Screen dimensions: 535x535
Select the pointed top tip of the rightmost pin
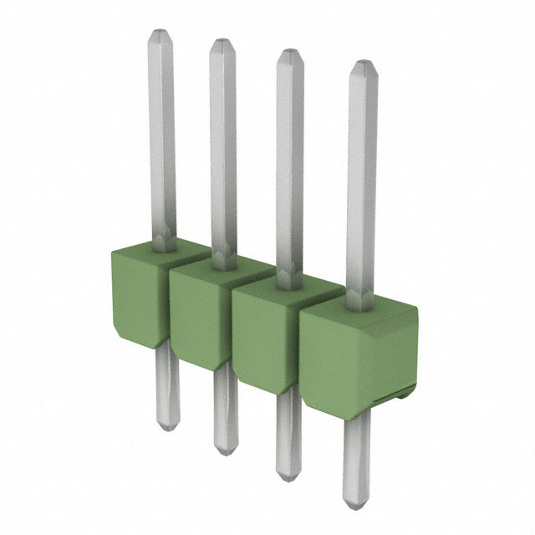click(361, 64)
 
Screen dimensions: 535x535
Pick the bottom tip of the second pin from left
click(223, 452)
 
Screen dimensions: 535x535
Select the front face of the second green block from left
click(199, 314)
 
